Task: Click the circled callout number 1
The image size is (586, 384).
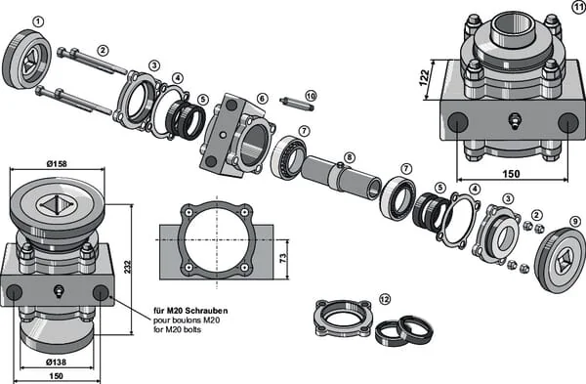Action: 38,21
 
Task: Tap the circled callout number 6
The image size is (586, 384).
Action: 263,99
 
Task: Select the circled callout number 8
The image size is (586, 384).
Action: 349,157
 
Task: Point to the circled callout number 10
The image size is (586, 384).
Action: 311,96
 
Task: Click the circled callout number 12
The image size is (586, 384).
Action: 385,299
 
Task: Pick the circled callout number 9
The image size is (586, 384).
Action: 575,222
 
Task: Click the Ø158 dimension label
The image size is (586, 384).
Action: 57,164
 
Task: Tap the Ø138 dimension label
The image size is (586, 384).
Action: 56,362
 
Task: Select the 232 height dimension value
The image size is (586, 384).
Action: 128,267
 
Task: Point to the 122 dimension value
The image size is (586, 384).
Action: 424,78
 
